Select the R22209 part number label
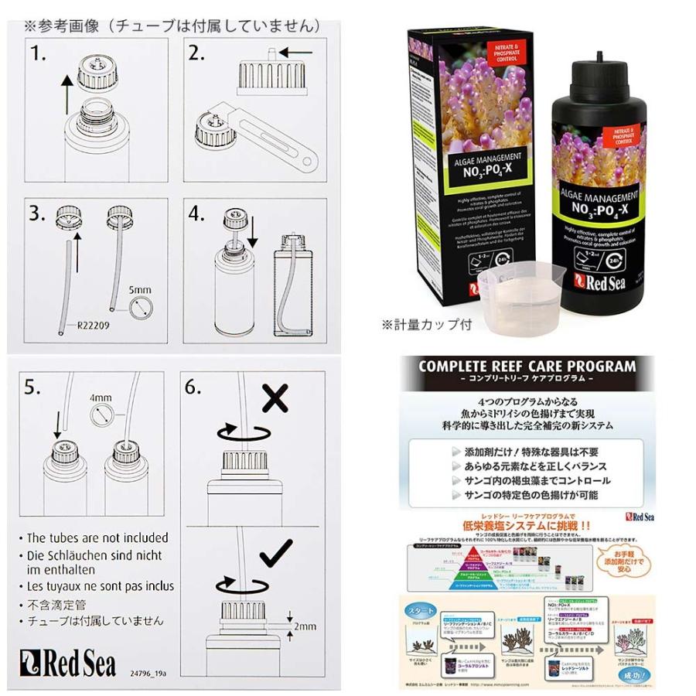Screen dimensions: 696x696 pyautogui.click(x=91, y=326)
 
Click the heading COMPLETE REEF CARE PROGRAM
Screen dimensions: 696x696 pyautogui.click(x=527, y=366)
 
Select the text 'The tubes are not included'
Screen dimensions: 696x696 pyautogui.click(x=97, y=537)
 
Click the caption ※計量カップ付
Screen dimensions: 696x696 pyautogui.click(x=426, y=325)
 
